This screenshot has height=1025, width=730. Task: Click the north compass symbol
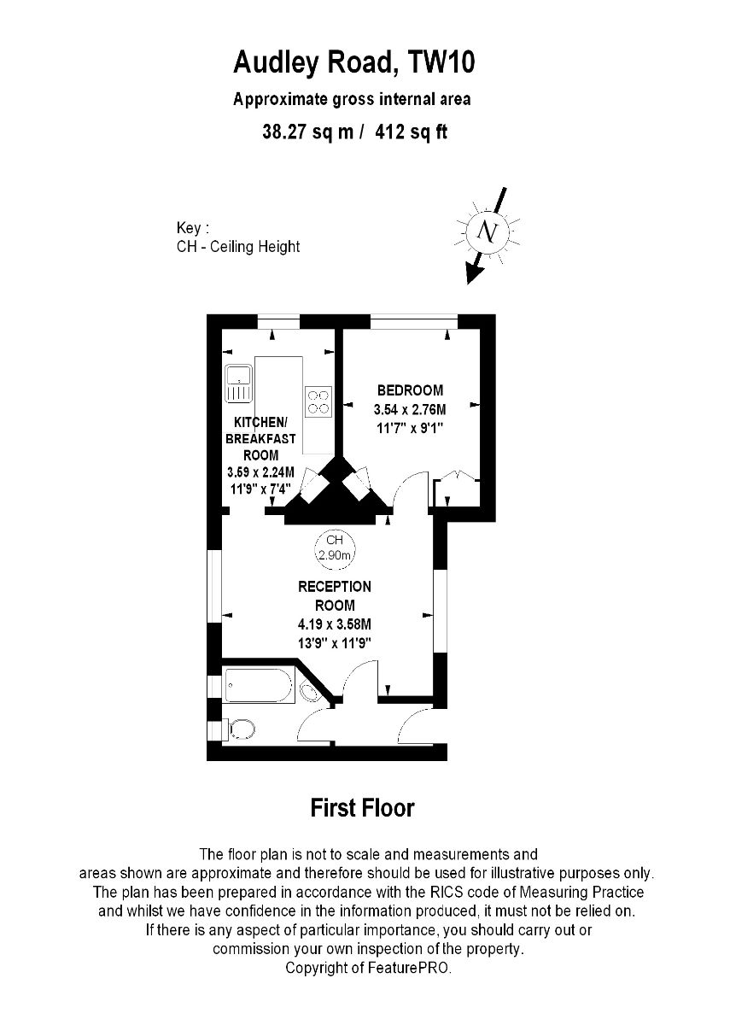[488, 232]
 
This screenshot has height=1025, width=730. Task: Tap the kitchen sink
[238, 384]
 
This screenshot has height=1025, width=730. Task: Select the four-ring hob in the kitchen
[318, 401]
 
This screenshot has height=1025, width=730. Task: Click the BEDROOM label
[411, 390]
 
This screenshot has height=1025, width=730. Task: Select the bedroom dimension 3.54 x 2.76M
[410, 409]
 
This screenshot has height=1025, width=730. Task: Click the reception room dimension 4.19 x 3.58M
[335, 624]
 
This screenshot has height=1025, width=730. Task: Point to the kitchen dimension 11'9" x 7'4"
[260, 489]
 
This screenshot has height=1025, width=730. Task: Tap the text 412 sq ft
[411, 132]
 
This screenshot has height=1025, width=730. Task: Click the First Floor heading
[363, 808]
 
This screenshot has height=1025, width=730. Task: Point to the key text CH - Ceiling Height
[238, 247]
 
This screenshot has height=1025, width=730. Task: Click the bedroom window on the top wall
[414, 321]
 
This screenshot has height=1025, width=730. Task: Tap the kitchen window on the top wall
[278, 321]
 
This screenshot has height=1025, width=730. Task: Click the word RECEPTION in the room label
[335, 587]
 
